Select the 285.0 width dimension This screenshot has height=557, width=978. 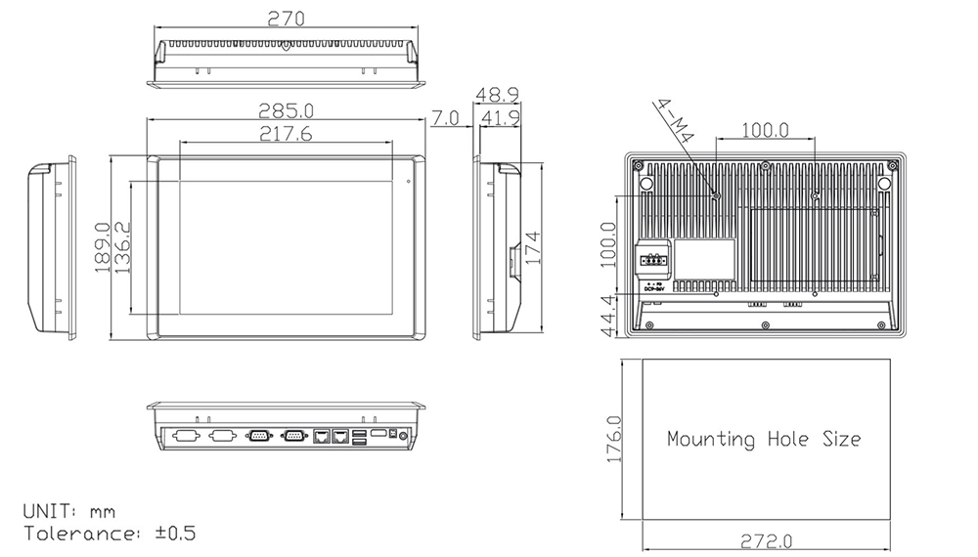286,110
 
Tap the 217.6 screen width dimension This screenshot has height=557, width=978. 286,135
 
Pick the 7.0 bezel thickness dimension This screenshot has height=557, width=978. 446,118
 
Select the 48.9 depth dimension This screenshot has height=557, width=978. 498,95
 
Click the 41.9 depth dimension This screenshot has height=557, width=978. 500,118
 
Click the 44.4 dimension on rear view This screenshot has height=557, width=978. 607,315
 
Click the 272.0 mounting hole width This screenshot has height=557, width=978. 766,541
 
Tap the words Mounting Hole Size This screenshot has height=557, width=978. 764,439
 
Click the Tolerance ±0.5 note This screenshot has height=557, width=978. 110,534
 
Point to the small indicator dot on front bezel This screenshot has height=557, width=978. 409,179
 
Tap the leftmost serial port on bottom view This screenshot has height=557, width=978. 186,436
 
